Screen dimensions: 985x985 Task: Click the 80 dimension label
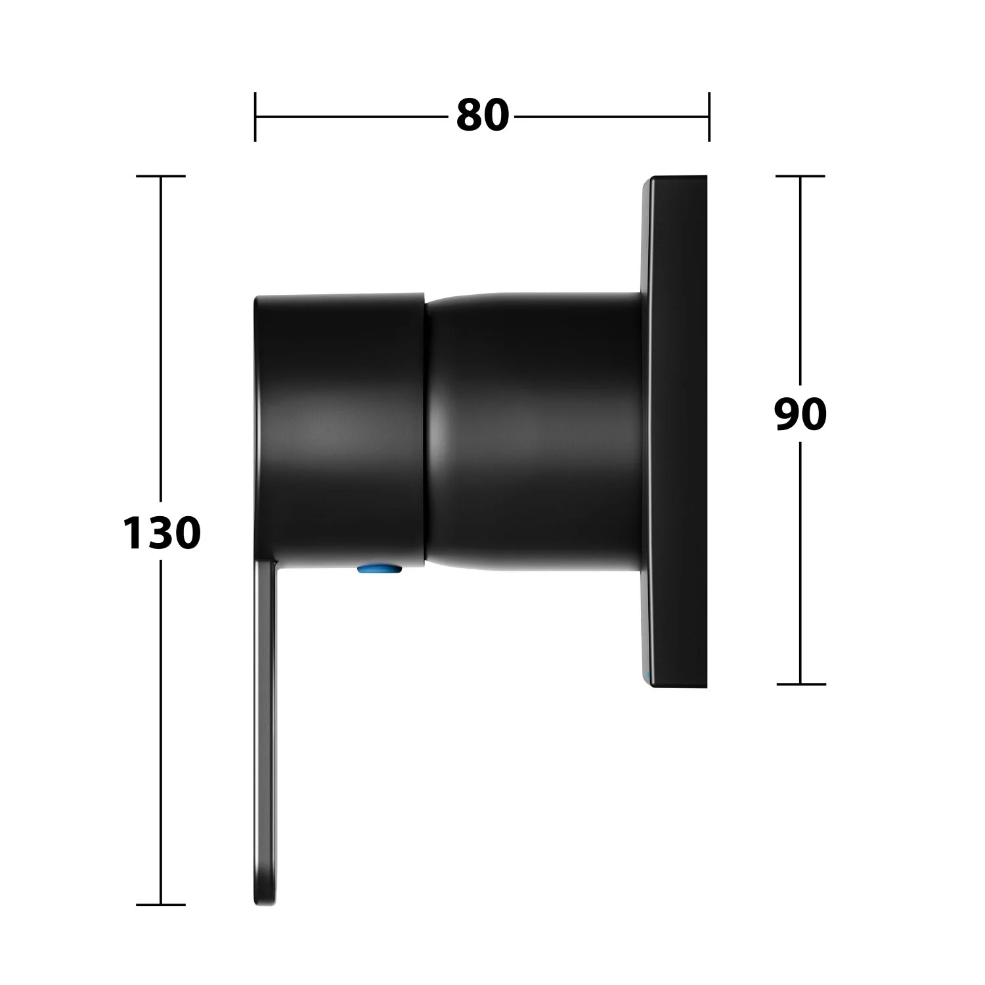483,116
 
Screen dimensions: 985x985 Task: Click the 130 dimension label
162,533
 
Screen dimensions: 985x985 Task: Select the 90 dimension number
800,414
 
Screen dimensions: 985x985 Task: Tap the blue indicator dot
380,569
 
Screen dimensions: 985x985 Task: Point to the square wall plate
674,432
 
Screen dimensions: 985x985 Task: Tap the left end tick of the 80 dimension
255,116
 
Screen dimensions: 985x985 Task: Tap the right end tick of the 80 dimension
709,116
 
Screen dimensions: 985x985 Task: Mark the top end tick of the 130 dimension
161,176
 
